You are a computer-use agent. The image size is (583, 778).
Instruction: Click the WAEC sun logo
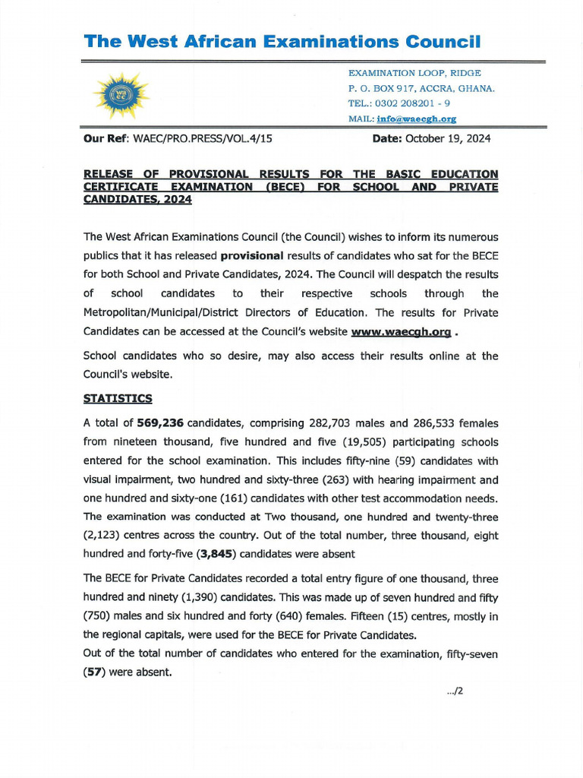[x=121, y=95]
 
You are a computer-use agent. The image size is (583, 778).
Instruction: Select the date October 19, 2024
[x=448, y=138]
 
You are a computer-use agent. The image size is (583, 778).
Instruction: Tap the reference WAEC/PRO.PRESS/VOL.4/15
[x=203, y=138]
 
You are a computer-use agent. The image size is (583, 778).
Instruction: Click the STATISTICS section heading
[x=118, y=398]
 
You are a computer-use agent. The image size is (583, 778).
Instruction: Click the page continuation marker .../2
[x=455, y=691]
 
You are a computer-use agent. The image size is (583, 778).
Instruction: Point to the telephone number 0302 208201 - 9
[x=410, y=103]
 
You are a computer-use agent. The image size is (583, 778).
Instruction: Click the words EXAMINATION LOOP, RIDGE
[x=414, y=73]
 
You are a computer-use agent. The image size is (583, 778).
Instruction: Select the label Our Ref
[x=106, y=138]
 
